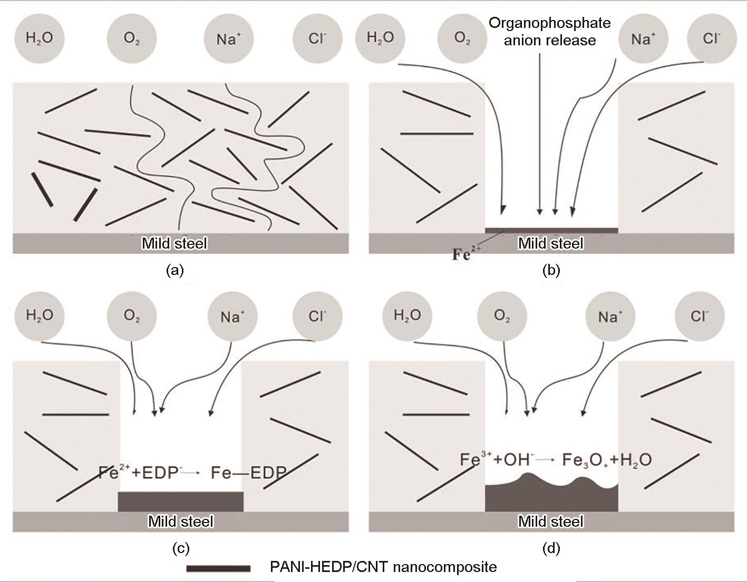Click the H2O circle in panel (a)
click(40, 38)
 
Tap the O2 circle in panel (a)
click(132, 38)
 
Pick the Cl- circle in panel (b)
click(712, 38)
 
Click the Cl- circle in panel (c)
click(317, 316)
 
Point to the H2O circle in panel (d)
click(408, 315)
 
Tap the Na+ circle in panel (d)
click(610, 316)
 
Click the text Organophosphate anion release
click(549, 32)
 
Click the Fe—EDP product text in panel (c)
click(248, 473)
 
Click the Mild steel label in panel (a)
click(174, 243)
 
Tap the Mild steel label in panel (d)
click(551, 521)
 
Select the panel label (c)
click(181, 548)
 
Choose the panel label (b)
click(551, 271)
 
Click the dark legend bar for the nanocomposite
click(218, 568)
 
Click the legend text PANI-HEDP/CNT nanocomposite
click(383, 567)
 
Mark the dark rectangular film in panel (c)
click(180, 501)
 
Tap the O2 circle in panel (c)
click(132, 316)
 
